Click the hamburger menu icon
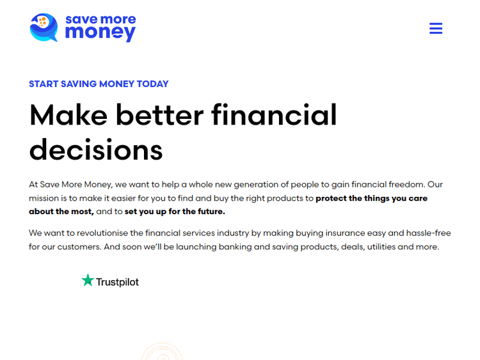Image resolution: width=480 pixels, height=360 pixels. click(436, 29)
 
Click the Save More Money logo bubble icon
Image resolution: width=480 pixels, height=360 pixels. click(44, 27)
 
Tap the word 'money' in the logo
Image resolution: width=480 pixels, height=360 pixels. click(100, 33)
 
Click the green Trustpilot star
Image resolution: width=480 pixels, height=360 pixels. click(88, 281)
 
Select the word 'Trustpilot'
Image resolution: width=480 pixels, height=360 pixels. click(117, 282)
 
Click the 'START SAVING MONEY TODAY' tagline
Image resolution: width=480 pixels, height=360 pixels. click(99, 84)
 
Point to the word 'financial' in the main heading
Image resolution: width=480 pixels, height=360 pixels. click(274, 115)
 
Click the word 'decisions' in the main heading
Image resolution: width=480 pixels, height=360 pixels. click(96, 150)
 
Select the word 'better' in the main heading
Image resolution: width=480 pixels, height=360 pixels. click(159, 115)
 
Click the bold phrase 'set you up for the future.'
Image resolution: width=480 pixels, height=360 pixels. click(175, 212)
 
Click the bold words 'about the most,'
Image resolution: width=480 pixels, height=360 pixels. click(61, 212)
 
